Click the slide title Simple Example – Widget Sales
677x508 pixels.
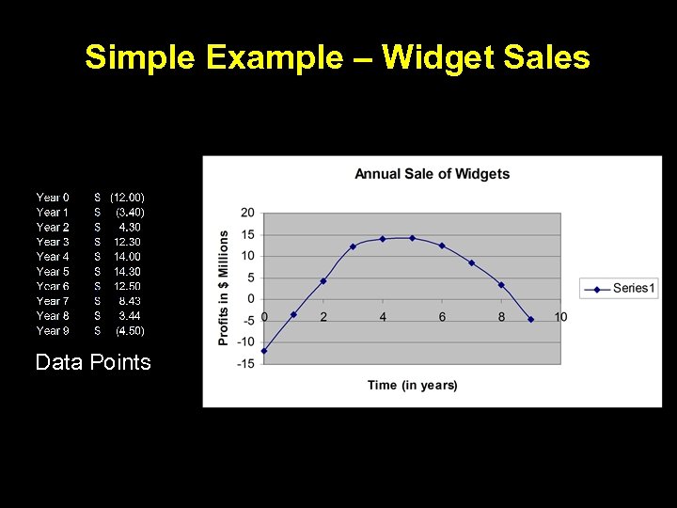[x=338, y=58]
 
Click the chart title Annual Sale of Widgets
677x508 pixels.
[x=432, y=173]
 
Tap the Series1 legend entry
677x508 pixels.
[x=620, y=288]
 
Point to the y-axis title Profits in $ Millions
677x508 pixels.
[x=224, y=288]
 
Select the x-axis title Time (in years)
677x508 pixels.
[x=413, y=385]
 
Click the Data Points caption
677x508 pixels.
[x=93, y=362]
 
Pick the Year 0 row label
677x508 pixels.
[x=53, y=198]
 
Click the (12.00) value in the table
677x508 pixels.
[x=127, y=198]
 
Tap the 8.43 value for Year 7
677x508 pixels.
[x=130, y=301]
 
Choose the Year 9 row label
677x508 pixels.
[x=53, y=330]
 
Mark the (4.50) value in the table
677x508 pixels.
[x=130, y=330]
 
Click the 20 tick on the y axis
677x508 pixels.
[x=247, y=213]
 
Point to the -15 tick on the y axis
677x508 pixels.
[x=245, y=363]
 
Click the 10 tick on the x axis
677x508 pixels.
[x=560, y=317]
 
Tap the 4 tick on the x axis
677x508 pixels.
[x=383, y=317]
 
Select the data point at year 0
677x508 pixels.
[x=264, y=351]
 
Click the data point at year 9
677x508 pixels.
[x=531, y=319]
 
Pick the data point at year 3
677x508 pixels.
[x=353, y=246]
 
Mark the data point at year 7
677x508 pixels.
[x=471, y=262]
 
